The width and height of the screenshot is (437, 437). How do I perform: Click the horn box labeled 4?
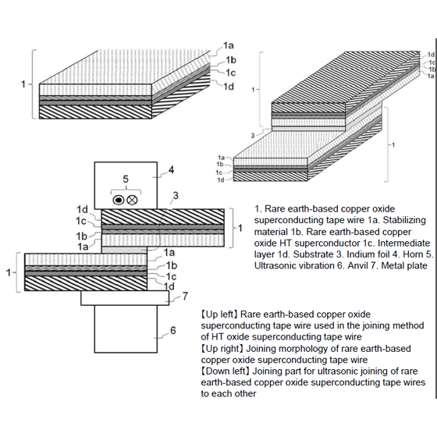click(x=126, y=186)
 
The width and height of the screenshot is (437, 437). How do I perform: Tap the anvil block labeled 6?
click(x=126, y=329)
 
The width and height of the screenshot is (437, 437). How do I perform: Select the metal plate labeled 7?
click(x=125, y=298)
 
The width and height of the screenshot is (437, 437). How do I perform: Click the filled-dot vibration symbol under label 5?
click(x=119, y=200)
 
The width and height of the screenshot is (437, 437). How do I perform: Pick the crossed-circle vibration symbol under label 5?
click(x=132, y=200)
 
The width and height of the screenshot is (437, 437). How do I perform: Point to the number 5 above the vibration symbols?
click(x=126, y=179)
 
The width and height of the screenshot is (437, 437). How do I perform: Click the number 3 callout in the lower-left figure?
click(x=176, y=196)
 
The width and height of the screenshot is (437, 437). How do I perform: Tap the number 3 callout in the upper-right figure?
click(x=253, y=136)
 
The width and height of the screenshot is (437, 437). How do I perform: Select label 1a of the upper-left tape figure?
click(x=228, y=45)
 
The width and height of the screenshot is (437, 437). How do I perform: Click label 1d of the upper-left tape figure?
click(x=228, y=87)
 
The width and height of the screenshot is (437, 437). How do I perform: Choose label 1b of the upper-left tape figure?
click(x=231, y=59)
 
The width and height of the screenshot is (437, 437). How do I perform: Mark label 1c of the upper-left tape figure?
click(x=230, y=73)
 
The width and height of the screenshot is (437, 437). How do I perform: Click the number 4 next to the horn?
click(x=172, y=169)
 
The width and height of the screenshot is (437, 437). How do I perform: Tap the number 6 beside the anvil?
click(x=173, y=330)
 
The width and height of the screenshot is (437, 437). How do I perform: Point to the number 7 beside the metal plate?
click(x=186, y=296)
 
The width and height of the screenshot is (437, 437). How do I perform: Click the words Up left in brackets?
click(x=220, y=314)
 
